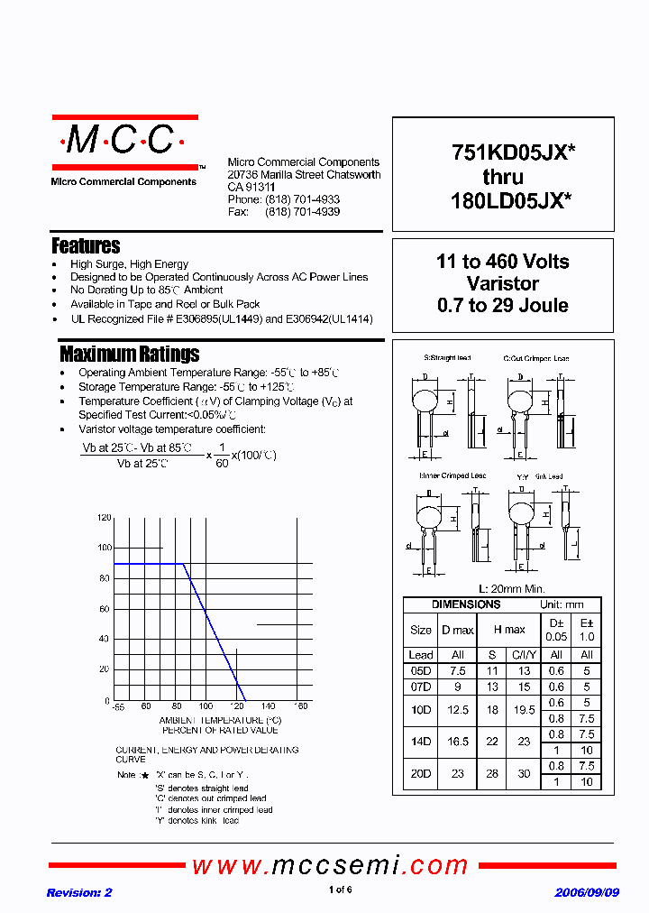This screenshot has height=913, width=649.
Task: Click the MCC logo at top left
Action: [x=123, y=142]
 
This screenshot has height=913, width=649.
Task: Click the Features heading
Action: [x=86, y=245]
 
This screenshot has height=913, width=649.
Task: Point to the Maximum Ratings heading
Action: [x=129, y=354]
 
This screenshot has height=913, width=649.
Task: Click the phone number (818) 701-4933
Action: [x=302, y=199]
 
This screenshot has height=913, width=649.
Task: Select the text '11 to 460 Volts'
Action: [x=502, y=262]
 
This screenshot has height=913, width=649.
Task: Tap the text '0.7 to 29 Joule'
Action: [x=502, y=305]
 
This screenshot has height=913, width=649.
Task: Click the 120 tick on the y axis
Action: [x=104, y=518]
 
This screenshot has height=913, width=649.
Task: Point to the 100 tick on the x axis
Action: [x=206, y=706]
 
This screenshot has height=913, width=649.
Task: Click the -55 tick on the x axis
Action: [x=116, y=706]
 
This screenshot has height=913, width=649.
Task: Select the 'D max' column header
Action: [x=457, y=629]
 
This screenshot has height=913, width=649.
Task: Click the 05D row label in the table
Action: [x=421, y=671]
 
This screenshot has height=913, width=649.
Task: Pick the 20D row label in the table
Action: [x=421, y=773]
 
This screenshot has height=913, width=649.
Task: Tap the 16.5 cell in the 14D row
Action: [x=457, y=740]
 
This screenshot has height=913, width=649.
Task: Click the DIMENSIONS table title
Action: [x=465, y=604]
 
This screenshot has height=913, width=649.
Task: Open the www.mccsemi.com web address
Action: [x=330, y=866]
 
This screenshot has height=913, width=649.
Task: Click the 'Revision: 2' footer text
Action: [x=79, y=892]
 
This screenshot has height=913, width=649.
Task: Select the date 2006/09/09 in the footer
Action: [x=587, y=892]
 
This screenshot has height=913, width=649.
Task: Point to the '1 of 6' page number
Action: [x=340, y=890]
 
